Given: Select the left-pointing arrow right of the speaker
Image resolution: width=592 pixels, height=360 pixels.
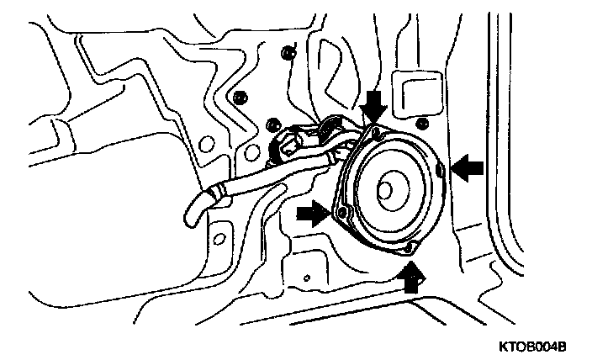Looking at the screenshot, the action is click(x=469, y=168).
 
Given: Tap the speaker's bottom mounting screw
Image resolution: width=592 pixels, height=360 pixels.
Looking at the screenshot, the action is click(x=410, y=249).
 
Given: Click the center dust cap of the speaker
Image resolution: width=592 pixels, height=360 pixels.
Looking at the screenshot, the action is click(x=388, y=190).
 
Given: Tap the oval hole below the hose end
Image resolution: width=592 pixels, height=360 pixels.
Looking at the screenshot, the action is click(x=220, y=238).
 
